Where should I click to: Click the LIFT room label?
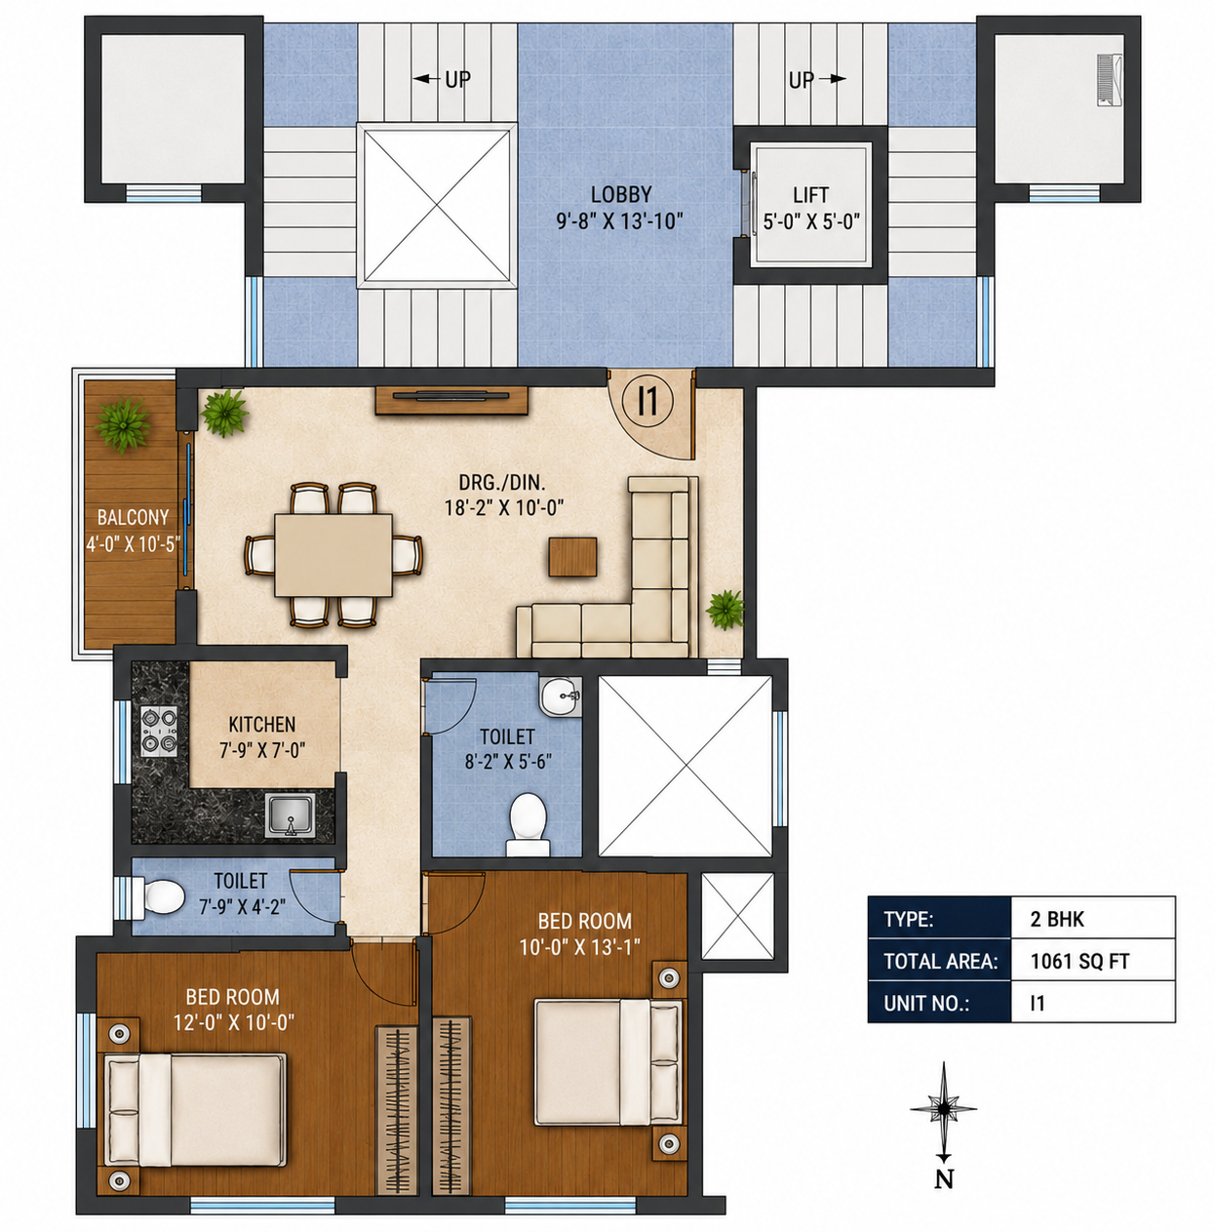(810, 194)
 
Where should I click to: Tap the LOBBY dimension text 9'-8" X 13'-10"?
(619, 221)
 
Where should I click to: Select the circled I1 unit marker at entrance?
(648, 401)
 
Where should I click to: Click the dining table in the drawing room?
(333, 555)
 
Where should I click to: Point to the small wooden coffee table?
(572, 556)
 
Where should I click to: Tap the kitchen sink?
(291, 815)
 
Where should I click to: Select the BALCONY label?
(133, 517)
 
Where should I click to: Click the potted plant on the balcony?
(123, 424)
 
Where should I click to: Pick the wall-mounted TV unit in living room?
(451, 400)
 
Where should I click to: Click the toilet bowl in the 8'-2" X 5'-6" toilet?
(528, 824)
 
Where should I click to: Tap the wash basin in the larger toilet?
(561, 696)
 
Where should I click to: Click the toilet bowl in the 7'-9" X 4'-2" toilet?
(159, 896)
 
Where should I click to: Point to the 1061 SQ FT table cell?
(1093, 961)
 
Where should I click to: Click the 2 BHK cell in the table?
(1093, 919)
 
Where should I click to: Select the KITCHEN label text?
(262, 725)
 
